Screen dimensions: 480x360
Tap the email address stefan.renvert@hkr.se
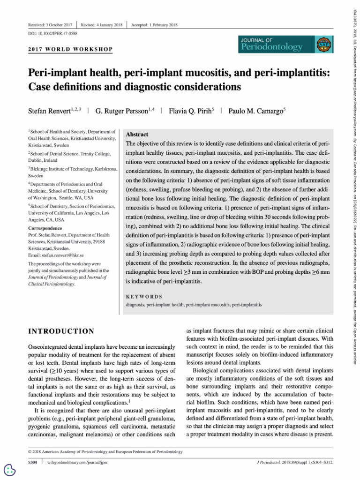[56, 255]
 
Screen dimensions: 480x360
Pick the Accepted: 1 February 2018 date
[154, 24]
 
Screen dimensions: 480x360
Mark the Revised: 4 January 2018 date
[102, 24]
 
